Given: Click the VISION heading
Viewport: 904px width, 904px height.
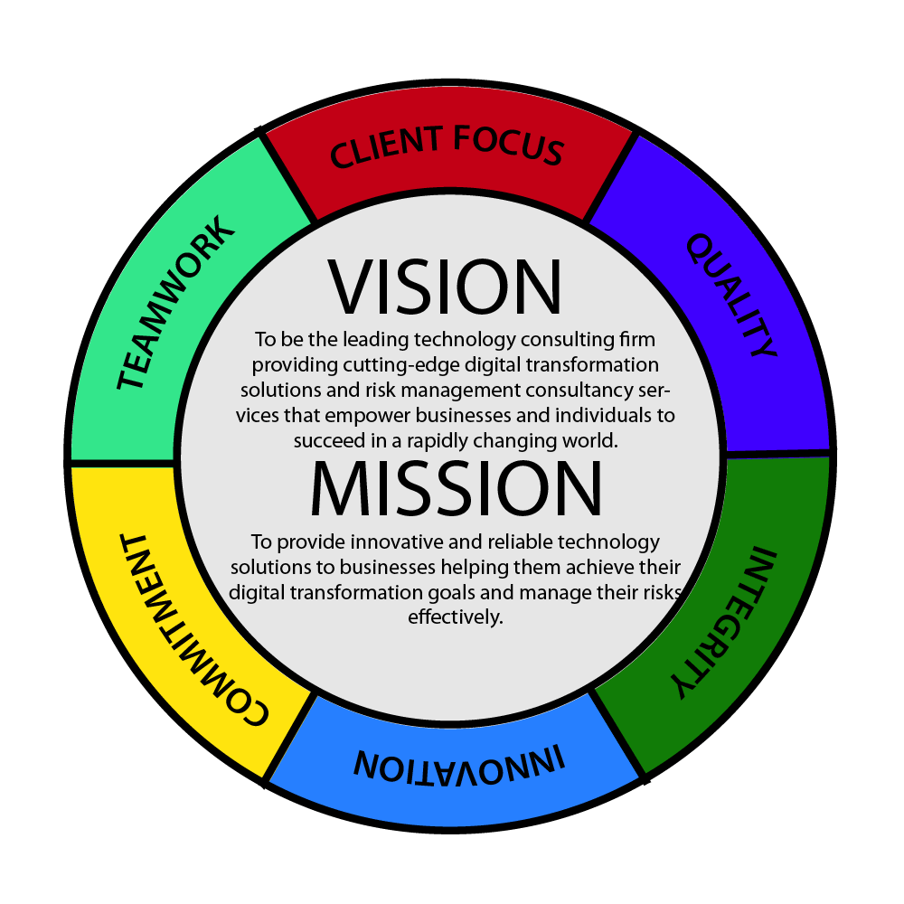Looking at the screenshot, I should [446, 287].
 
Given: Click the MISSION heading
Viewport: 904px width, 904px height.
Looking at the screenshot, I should [456, 489].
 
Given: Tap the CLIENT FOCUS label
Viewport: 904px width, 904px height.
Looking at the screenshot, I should [447, 147].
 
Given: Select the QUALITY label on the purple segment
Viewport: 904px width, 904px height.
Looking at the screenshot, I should [731, 295].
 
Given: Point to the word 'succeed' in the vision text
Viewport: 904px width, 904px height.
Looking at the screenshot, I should [326, 440].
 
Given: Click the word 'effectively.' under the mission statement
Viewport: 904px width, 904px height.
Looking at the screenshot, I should [456, 618].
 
